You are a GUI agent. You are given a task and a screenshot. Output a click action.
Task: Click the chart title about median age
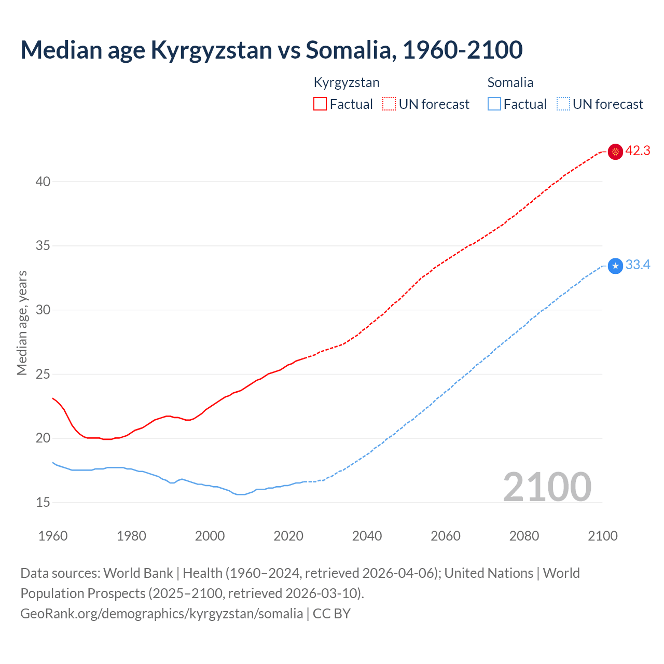(271, 50)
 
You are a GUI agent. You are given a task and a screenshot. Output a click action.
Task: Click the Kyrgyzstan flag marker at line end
(615, 151)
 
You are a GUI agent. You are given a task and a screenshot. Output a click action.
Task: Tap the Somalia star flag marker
(615, 266)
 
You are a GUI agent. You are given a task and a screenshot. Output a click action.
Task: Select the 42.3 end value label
(638, 151)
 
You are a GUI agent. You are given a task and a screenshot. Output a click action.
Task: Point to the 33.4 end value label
(638, 265)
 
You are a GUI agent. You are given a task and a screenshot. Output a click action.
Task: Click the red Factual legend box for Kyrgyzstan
(320, 104)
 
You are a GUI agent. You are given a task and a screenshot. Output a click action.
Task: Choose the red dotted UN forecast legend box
(389, 104)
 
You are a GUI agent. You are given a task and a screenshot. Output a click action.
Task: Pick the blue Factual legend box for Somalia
(494, 104)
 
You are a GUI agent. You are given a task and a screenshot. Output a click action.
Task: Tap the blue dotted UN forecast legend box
(563, 104)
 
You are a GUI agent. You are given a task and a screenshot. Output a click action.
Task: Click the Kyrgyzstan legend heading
(347, 82)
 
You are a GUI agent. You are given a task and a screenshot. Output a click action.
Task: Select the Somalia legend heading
(510, 82)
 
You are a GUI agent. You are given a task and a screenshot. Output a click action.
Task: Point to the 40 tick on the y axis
(43, 182)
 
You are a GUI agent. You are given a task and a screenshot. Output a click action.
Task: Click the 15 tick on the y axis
(43, 502)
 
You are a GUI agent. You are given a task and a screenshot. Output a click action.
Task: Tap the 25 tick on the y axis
(43, 374)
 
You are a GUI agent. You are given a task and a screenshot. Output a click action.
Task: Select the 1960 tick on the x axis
(53, 536)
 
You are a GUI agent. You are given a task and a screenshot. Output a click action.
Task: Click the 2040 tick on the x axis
(367, 536)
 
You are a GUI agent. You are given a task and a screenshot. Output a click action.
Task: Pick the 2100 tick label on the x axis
(603, 536)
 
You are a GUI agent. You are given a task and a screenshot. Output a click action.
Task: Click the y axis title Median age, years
(22, 323)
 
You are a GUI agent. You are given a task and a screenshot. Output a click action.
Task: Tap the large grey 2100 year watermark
(547, 487)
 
